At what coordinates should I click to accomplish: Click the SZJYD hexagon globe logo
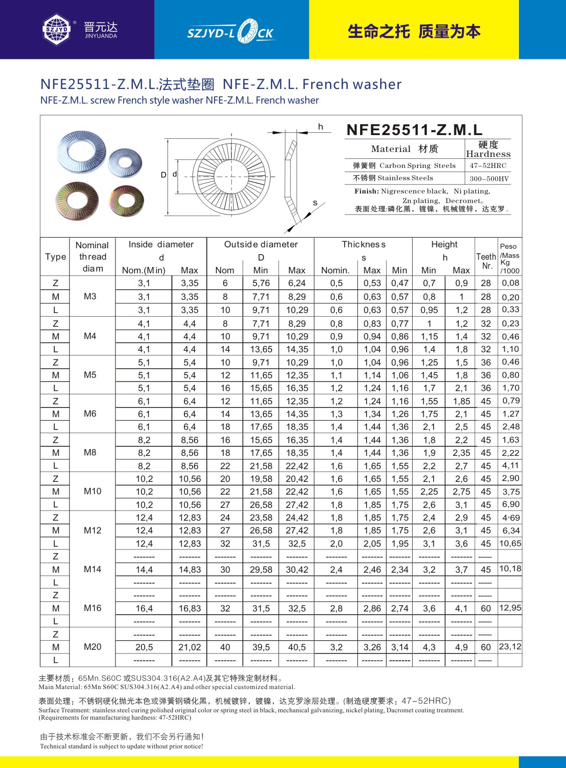(57, 30)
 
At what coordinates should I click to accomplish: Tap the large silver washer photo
(81, 152)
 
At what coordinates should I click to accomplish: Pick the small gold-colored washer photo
(126, 201)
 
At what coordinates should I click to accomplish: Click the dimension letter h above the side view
(320, 127)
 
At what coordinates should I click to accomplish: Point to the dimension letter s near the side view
(315, 203)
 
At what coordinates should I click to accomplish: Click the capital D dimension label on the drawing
(163, 175)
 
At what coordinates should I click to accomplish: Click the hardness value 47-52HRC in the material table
(488, 166)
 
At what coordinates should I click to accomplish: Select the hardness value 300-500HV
(488, 178)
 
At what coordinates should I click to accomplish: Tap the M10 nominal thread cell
(92, 491)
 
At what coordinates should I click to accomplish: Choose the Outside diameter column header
(261, 245)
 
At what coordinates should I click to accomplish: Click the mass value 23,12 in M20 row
(510, 647)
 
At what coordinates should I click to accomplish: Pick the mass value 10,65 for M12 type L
(510, 543)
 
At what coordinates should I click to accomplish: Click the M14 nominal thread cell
(92, 569)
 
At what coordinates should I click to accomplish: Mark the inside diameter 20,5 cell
(144, 647)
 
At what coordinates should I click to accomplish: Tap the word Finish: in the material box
(367, 191)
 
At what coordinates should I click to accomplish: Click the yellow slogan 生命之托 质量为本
(414, 31)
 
